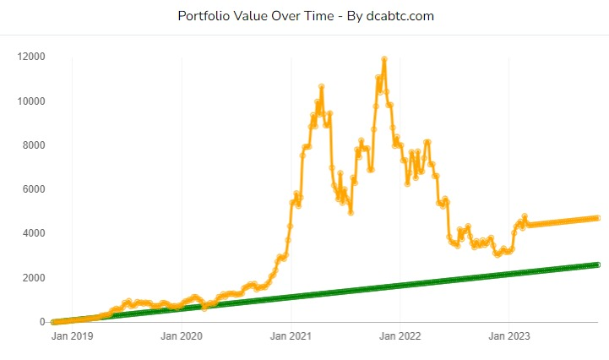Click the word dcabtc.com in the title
pos(400,16)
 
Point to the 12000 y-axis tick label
pos(31,57)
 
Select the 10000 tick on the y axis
pos(31,101)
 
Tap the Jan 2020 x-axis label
pos(182,336)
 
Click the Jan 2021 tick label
pos(291,336)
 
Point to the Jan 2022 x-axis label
pos(400,336)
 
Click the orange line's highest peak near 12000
pos(384,59)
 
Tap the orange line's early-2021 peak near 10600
pos(322,86)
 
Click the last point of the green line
pos(597,265)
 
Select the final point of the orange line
pos(597,218)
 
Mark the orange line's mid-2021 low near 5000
pos(351,212)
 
